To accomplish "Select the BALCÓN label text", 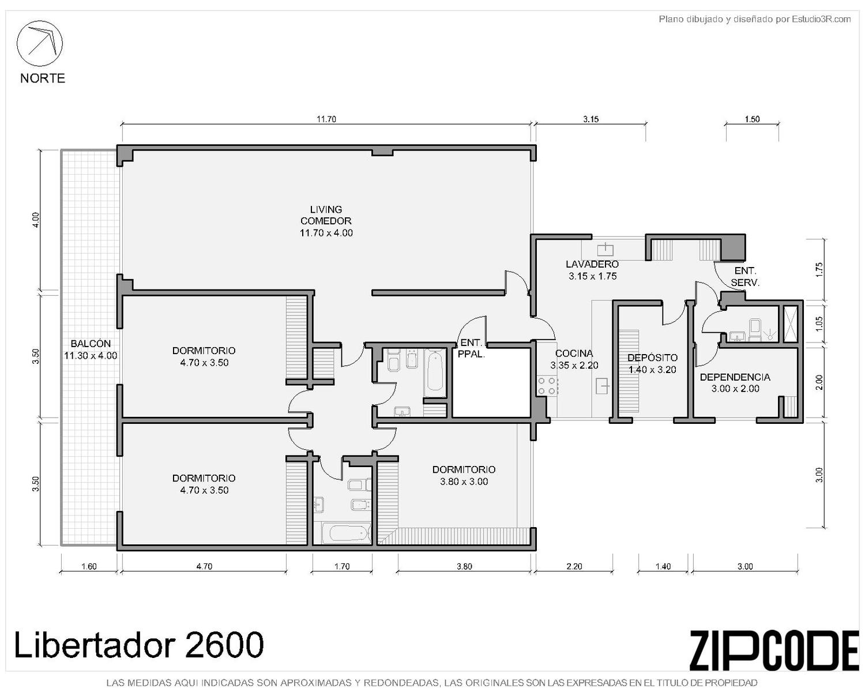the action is [x=91, y=344].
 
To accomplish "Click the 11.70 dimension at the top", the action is [x=326, y=119].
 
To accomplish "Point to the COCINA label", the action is [x=574, y=353].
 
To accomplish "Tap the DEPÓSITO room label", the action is [x=652, y=358].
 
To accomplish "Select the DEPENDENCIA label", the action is [x=735, y=377].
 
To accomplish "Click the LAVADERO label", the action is [x=592, y=264].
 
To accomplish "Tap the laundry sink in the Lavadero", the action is [x=605, y=249].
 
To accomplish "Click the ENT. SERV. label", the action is [x=745, y=276].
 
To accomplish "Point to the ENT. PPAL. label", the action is [x=471, y=349].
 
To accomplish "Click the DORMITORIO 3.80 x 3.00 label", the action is [x=464, y=475].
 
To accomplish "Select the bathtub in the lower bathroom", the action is [x=347, y=533].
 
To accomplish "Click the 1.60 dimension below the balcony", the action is [x=89, y=566].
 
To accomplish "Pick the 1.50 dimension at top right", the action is [x=752, y=119].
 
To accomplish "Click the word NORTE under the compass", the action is [x=43, y=78].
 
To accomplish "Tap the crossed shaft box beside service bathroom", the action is [x=791, y=324].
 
